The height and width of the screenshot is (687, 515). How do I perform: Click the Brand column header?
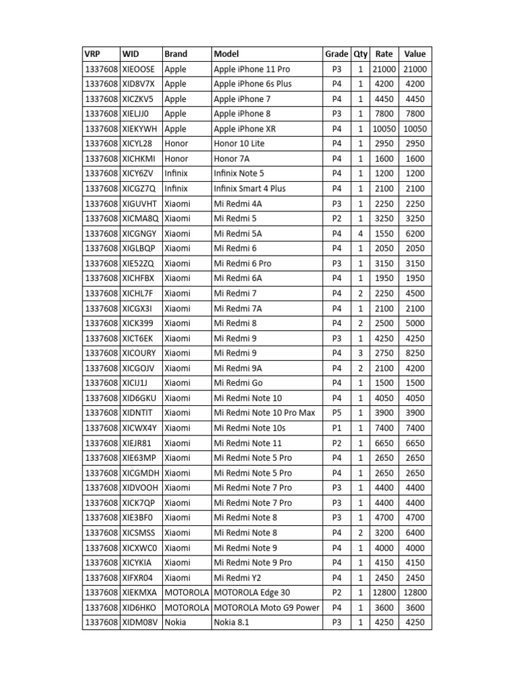176,54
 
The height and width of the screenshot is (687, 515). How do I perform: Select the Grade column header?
337,54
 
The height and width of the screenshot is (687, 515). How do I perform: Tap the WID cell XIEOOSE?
139,69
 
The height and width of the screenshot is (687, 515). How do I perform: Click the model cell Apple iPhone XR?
245,129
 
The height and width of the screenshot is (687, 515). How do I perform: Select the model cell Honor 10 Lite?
239,144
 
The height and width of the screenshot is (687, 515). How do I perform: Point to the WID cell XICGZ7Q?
139,189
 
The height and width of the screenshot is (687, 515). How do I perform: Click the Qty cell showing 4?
361,233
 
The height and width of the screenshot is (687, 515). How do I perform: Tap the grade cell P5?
337,413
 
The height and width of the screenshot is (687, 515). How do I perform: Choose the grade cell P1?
337,428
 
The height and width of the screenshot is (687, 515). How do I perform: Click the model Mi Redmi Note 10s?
249,428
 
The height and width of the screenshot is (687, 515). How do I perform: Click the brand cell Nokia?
176,623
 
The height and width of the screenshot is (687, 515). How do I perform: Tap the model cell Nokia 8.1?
231,623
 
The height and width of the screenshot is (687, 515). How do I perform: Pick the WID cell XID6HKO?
139,608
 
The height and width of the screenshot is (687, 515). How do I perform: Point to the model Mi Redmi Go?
235,383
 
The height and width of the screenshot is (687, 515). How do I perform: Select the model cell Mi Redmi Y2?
235,578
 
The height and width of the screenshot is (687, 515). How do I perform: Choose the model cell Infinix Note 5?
239,174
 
